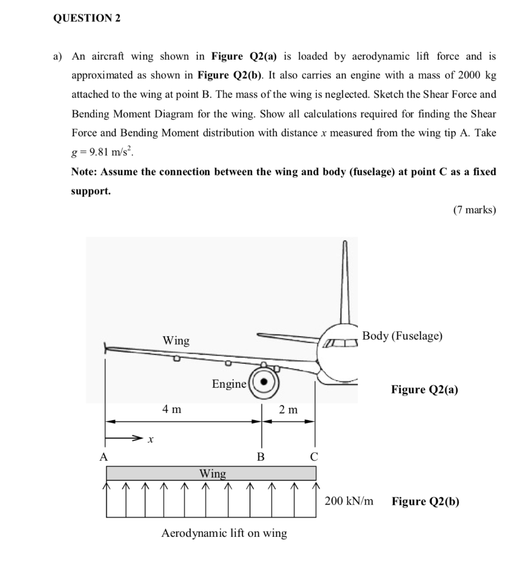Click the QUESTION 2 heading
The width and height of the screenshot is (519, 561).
point(86,18)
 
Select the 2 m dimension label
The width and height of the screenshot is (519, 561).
point(288,409)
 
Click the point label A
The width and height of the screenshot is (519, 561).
point(103,456)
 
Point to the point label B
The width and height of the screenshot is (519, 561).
point(261,456)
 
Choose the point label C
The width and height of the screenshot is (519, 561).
point(314,456)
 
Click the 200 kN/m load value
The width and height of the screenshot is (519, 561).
point(349,501)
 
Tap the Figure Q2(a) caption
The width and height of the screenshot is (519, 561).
point(425,390)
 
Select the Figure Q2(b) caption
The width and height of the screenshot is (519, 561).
point(425,501)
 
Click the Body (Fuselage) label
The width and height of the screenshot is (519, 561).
point(402,336)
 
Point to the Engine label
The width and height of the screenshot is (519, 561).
point(229,384)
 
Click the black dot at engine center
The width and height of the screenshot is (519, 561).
point(265,382)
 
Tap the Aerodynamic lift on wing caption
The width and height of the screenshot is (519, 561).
point(224,533)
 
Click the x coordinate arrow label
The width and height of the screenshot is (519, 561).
point(151,439)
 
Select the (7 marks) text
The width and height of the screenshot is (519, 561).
point(474,209)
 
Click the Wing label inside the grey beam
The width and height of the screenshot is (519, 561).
point(212,473)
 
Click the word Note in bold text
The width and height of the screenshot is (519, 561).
point(85,171)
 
